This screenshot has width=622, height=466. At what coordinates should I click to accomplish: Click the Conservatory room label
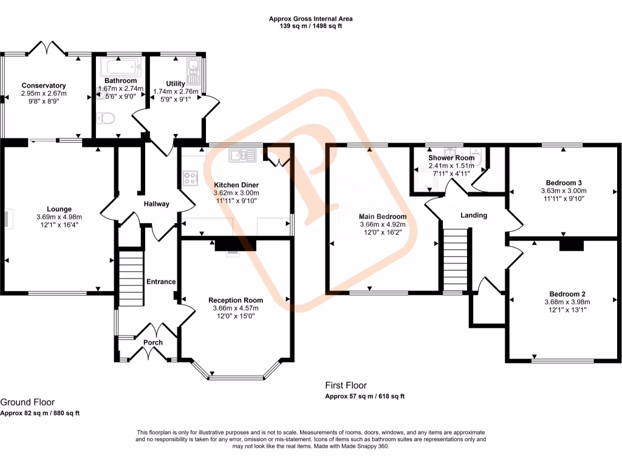pos(44,86)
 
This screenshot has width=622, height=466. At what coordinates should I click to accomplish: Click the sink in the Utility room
pos(194,71)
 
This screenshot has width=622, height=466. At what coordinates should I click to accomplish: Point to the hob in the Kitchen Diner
pos(191,178)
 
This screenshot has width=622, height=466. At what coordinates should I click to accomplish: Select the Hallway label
pos(156,204)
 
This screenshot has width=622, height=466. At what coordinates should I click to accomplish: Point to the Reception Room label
pos(236,300)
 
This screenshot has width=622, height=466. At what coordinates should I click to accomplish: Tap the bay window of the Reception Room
pos(237,377)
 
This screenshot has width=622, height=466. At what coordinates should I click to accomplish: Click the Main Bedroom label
pos(383,216)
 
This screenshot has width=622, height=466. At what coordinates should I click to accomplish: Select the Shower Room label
pos(451,158)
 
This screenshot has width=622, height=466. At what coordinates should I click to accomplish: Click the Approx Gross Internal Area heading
pos(311,19)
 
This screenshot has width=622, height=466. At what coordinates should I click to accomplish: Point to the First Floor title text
pos(346,385)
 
